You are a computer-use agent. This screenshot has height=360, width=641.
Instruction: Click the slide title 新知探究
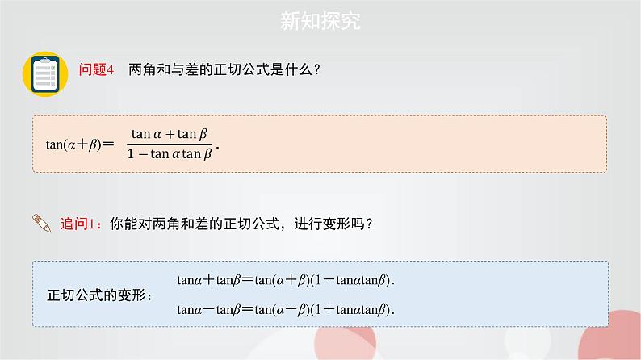coord(320,21)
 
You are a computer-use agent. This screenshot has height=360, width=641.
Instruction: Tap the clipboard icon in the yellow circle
coord(43,73)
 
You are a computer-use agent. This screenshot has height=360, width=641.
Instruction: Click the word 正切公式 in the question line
coord(224,69)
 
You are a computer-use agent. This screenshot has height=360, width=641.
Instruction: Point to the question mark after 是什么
coord(317,69)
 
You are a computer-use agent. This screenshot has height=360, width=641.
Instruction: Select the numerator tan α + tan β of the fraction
coord(170,134)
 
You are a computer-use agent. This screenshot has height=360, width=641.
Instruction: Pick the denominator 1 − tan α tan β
coord(170,155)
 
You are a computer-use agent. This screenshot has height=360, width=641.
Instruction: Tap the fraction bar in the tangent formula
coord(170,144)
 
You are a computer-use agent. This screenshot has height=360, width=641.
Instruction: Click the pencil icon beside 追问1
coord(41,224)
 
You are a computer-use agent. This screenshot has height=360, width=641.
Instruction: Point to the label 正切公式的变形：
coord(100,295)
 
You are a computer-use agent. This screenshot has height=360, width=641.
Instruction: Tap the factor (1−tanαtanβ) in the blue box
coord(354,280)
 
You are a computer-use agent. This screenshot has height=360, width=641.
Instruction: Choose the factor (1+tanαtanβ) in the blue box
coord(354,308)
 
